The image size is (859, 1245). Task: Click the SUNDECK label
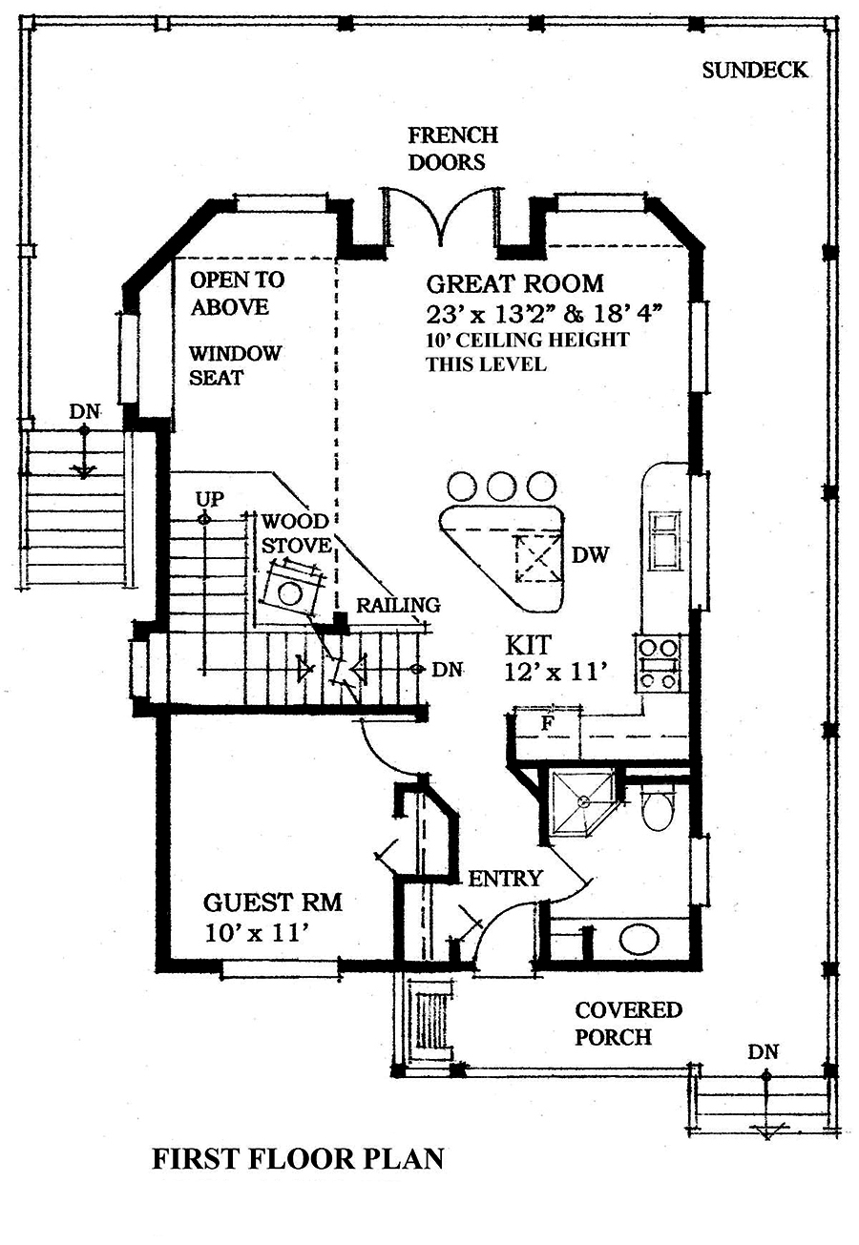(x=754, y=70)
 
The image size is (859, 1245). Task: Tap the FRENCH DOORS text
(x=452, y=149)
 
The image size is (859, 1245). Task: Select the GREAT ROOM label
(x=514, y=283)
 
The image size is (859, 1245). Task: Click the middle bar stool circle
(x=501, y=486)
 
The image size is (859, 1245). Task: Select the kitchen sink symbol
(x=664, y=538)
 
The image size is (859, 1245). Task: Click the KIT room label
(x=526, y=647)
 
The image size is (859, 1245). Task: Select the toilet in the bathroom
(x=657, y=808)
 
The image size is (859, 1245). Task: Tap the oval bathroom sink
(x=639, y=939)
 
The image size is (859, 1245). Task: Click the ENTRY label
(x=505, y=879)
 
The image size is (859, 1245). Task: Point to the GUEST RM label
(x=272, y=903)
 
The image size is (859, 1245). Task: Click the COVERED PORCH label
(x=615, y=1023)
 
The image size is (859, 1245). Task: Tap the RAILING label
(x=398, y=605)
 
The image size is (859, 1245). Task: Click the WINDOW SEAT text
(x=235, y=365)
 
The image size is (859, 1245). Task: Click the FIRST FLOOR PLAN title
(x=298, y=1158)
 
